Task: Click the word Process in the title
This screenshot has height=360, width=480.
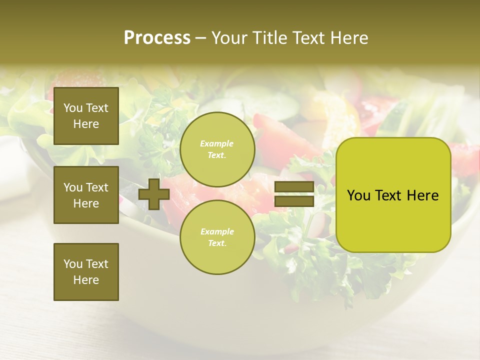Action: [x=157, y=38]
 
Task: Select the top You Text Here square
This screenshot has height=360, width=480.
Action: [x=86, y=116]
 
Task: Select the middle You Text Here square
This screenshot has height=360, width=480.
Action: [x=86, y=195]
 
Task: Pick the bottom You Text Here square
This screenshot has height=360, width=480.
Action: [x=86, y=271]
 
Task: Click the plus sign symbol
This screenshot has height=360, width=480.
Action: [x=154, y=194]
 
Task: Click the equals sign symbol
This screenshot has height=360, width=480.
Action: [x=294, y=194]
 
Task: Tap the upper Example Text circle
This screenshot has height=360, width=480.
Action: [x=217, y=149]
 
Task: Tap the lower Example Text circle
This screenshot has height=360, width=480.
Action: [x=217, y=237]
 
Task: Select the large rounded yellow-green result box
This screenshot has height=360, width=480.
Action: [x=393, y=195]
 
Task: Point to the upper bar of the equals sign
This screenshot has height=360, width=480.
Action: [x=294, y=187]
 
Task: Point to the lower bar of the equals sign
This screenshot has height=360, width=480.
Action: [x=294, y=201]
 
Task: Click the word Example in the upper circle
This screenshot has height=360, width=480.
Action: [x=217, y=143]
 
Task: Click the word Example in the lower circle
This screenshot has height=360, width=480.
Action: [x=217, y=231]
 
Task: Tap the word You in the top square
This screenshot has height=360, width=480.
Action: [x=73, y=108]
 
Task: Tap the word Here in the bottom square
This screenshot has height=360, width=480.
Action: [x=86, y=280]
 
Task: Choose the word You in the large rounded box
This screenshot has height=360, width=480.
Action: [x=358, y=195]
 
